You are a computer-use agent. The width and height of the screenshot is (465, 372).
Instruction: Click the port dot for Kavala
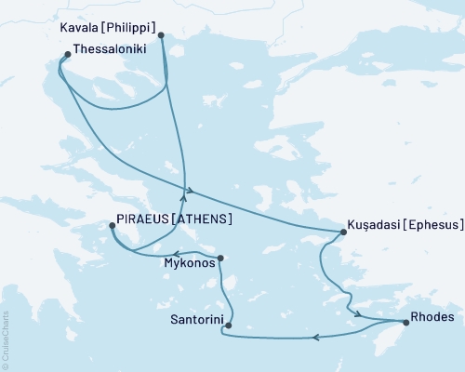(161, 35)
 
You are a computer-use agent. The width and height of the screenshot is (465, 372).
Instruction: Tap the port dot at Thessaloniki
(67, 55)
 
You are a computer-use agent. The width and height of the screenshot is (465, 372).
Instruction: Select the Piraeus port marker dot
(113, 225)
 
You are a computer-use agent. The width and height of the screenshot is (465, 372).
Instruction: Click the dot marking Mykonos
(219, 258)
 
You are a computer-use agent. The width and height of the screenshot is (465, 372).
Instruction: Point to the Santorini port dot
(228, 325)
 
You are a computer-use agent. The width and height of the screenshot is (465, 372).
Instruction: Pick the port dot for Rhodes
(405, 323)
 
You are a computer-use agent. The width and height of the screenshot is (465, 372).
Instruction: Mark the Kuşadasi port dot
(340, 233)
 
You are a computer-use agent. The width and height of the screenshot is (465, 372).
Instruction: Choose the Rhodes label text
(432, 317)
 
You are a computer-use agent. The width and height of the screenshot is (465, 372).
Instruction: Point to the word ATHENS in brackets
(201, 219)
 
